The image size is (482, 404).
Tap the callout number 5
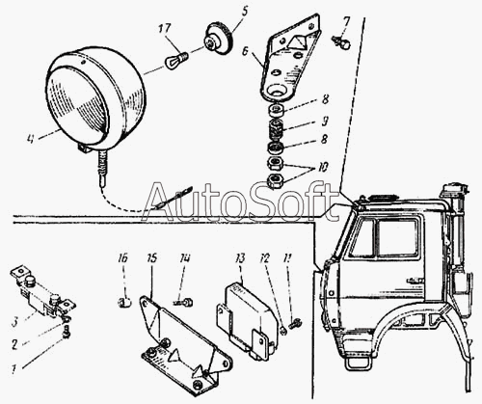[x=245, y=12]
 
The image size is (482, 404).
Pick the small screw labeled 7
[x=341, y=42]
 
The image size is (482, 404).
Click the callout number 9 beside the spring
[x=325, y=121]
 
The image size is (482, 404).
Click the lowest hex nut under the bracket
[x=276, y=180]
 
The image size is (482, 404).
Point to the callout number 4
[x=30, y=139]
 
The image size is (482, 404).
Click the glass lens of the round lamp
[x=76, y=103]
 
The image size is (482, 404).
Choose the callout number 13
[x=239, y=258]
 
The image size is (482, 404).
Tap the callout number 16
[x=122, y=257]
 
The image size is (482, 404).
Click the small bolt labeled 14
[x=185, y=302]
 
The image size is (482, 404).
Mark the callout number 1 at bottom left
[x=13, y=369]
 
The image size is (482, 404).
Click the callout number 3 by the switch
[x=14, y=322]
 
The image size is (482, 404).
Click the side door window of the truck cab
[x=397, y=238]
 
